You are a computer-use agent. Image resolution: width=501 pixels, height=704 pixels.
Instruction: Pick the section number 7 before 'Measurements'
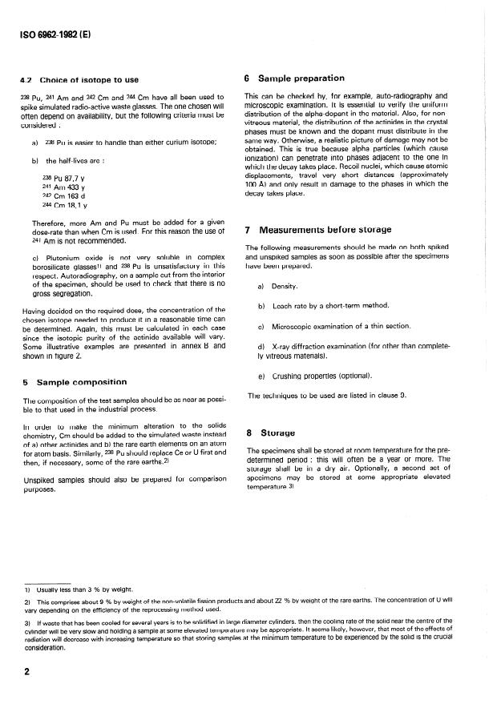(247, 231)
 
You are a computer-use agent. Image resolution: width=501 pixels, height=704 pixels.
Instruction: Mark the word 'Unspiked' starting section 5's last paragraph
(39, 481)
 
